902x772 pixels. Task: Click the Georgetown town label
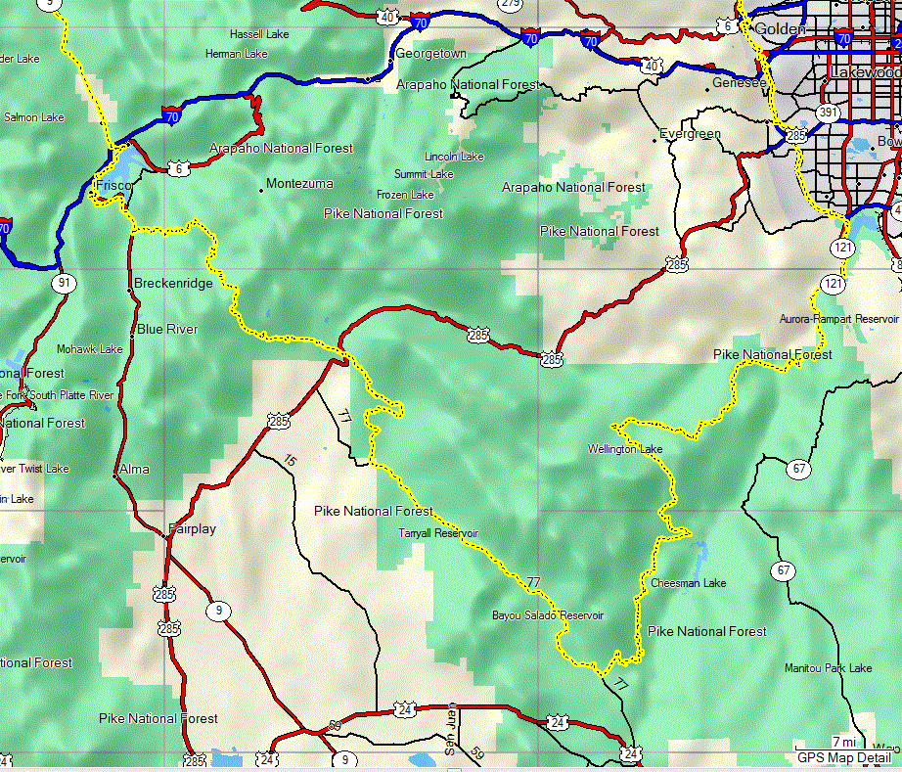(430, 54)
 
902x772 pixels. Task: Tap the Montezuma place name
(299, 184)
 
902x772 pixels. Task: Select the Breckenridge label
(173, 284)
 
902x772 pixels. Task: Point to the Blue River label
(167, 330)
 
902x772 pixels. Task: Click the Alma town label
(134, 470)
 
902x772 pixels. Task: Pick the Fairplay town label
(192, 529)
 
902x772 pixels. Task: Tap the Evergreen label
(690, 134)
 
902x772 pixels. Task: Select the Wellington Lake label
(625, 450)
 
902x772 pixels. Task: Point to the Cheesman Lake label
(689, 583)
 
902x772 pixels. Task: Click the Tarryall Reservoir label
(438, 533)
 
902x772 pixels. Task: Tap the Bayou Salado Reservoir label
(548, 615)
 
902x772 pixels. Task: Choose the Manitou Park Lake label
(828, 668)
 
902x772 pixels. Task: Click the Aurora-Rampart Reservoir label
(838, 319)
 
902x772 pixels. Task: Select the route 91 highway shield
(65, 284)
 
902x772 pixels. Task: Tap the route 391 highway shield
(829, 114)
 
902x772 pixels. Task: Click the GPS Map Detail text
(844, 757)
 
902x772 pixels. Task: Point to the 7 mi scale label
(844, 742)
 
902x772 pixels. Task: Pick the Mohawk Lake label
(89, 349)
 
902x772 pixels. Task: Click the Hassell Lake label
(259, 34)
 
